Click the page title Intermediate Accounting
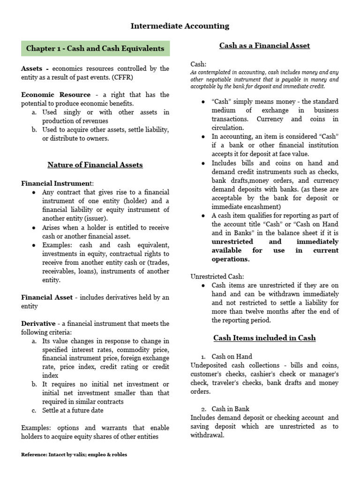click(x=180, y=26)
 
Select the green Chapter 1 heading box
click(x=95, y=48)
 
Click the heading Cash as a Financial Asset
click(x=265, y=45)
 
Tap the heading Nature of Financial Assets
click(x=95, y=165)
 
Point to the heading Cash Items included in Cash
click(x=264, y=337)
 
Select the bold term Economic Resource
click(x=56, y=95)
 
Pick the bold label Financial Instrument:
click(x=58, y=183)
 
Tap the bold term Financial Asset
click(x=47, y=297)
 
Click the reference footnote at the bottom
click(x=74, y=455)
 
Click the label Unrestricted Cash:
click(x=217, y=277)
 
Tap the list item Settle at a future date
click(x=73, y=410)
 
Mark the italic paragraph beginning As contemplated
click(x=264, y=80)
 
